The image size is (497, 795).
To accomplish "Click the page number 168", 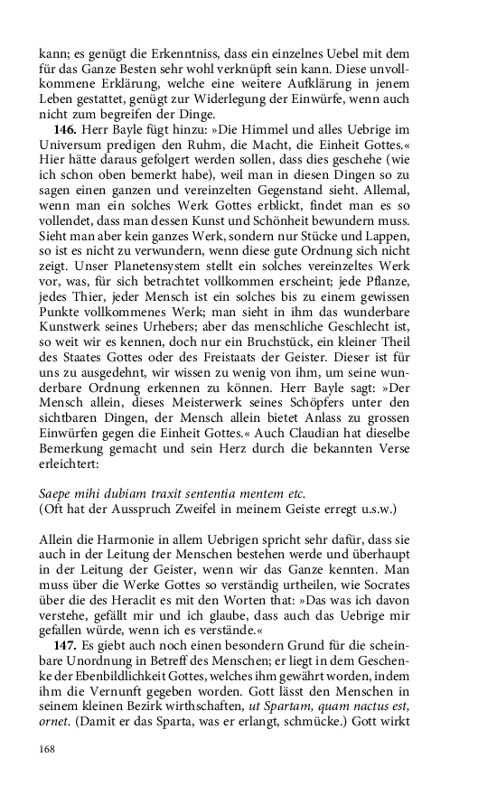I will point(49,748).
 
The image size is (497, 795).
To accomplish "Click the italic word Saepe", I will point(57,493).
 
